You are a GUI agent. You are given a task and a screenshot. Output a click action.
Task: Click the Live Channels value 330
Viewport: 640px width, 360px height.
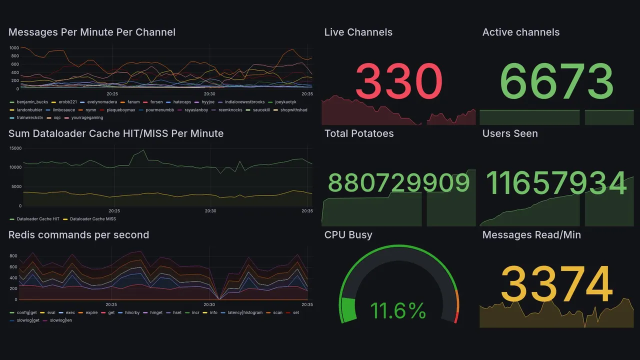click(x=399, y=81)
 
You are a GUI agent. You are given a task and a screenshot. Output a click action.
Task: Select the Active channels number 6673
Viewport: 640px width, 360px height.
click(x=556, y=81)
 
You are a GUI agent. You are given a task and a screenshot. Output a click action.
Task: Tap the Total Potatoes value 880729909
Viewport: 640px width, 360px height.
click(x=399, y=183)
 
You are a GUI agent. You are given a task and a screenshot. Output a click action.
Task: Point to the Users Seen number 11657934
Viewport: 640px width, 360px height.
click(x=556, y=183)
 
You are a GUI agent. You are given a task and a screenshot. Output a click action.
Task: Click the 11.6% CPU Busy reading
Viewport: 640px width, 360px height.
click(x=398, y=311)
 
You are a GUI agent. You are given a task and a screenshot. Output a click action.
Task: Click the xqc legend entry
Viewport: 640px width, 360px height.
click(x=57, y=118)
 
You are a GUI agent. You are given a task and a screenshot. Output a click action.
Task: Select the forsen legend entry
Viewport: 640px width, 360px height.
click(x=156, y=102)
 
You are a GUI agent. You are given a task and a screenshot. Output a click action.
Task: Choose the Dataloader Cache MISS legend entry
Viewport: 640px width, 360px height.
click(x=93, y=219)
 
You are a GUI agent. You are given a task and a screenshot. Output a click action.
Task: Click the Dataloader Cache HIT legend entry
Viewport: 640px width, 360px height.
click(x=38, y=219)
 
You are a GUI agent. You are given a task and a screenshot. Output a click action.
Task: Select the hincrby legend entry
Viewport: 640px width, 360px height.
click(x=132, y=312)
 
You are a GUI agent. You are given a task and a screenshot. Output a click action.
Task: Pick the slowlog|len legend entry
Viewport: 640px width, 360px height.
click(x=60, y=320)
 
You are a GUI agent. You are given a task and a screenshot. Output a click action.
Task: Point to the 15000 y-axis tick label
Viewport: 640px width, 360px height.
click(x=15, y=148)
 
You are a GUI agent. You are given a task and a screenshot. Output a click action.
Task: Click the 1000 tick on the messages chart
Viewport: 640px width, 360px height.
click(x=14, y=48)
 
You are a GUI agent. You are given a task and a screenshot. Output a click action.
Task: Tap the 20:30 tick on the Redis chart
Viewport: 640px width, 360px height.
click(x=209, y=304)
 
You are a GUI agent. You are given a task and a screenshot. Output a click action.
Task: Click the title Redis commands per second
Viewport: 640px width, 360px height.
click(x=78, y=235)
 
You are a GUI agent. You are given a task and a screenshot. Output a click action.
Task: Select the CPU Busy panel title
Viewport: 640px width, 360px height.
click(x=348, y=235)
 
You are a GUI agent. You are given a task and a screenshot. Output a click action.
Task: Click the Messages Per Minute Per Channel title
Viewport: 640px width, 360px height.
click(x=92, y=32)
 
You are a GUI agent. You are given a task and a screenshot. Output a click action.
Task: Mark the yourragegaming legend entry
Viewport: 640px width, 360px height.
click(x=87, y=118)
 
